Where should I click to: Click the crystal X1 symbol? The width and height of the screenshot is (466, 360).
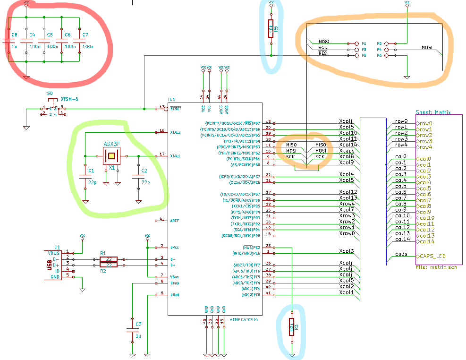111,155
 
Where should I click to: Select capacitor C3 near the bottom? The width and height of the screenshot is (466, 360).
133,330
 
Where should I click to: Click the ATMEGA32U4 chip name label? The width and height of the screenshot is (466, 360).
244,319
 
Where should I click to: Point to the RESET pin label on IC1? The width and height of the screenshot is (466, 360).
176,108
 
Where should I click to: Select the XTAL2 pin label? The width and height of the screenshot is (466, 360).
176,132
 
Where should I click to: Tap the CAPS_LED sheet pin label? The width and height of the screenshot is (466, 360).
432,256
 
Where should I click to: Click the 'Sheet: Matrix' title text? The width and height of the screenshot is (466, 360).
433,112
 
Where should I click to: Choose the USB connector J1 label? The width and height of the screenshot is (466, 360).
57,247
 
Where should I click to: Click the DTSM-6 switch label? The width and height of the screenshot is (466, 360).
69,99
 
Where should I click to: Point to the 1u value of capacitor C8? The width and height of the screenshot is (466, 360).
14,47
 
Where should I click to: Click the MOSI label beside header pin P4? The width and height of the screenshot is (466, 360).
427,47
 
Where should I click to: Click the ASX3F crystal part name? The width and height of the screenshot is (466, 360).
111,144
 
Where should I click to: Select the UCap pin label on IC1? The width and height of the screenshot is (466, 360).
174,283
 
